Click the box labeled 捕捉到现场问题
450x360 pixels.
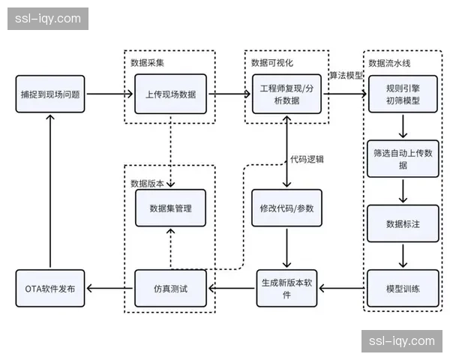50,94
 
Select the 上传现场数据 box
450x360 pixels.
171,94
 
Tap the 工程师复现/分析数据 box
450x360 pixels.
288,94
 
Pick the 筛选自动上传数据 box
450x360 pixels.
403,158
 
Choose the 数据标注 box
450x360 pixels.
403,223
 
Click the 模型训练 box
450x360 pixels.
403,288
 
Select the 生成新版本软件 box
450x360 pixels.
288,288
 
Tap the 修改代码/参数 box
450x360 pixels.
288,208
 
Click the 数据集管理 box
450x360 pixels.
171,208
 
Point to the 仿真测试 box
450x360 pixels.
171,288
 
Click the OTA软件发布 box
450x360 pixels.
50,288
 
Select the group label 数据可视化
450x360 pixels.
271,61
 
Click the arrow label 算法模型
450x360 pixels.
346,76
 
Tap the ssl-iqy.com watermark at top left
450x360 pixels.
47,19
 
